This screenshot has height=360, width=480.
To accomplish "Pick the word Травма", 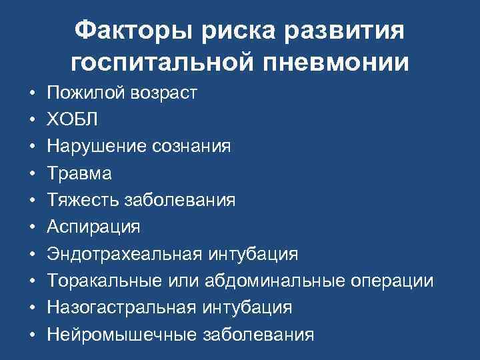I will [79, 173].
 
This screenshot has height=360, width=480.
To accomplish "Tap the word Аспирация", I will [93, 227].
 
